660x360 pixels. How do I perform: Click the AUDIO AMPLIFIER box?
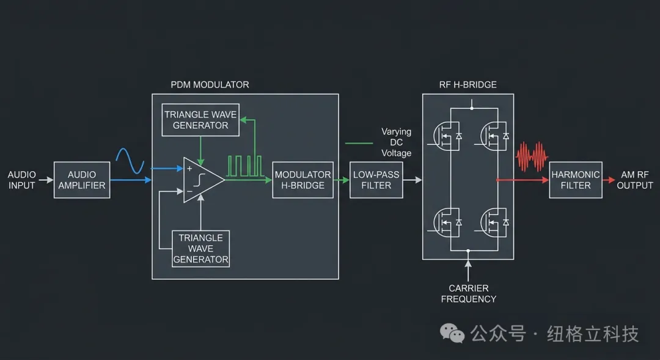(82, 180)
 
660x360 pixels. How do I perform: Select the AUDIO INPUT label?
(22, 180)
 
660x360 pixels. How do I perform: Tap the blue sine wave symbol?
(130, 161)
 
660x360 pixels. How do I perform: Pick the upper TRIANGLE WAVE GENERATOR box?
(200, 120)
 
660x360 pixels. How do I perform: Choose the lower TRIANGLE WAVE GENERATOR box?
(200, 249)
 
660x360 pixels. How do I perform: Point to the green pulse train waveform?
(244, 166)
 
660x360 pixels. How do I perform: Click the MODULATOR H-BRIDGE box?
(302, 180)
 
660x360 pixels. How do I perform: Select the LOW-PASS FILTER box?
(376, 180)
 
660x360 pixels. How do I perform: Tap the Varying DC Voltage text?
(397, 142)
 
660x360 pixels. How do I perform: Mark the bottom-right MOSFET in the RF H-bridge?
(494, 222)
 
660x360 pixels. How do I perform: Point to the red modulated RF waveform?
(530, 157)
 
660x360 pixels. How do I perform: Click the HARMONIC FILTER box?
(575, 180)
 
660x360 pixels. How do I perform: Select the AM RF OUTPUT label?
(634, 180)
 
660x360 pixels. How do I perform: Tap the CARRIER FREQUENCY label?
(469, 293)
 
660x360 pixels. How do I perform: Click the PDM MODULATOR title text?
(210, 84)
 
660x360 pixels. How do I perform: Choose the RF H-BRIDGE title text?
(468, 84)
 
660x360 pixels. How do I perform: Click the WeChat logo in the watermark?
(453, 333)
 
